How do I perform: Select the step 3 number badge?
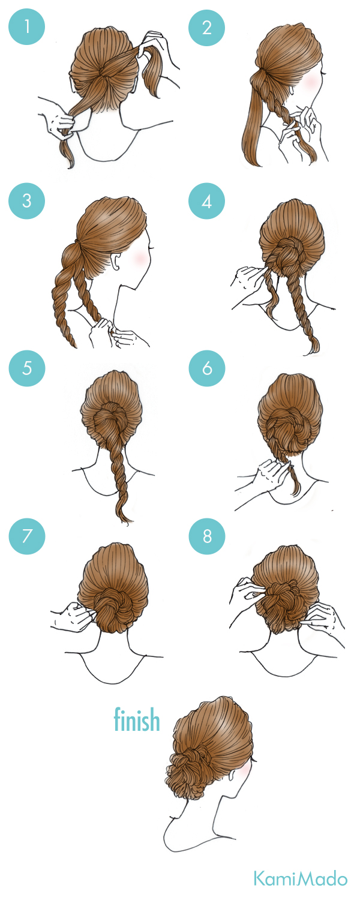tap(26, 201)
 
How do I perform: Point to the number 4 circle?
tap(206, 201)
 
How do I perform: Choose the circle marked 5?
tap(26, 368)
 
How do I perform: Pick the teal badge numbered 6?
tap(206, 368)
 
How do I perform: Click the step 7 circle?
tap(26, 536)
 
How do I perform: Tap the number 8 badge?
tap(206, 536)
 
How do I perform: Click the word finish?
tap(136, 719)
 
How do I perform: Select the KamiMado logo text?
tap(301, 878)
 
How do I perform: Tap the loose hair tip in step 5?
tap(125, 517)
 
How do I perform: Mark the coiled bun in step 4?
tap(289, 257)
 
